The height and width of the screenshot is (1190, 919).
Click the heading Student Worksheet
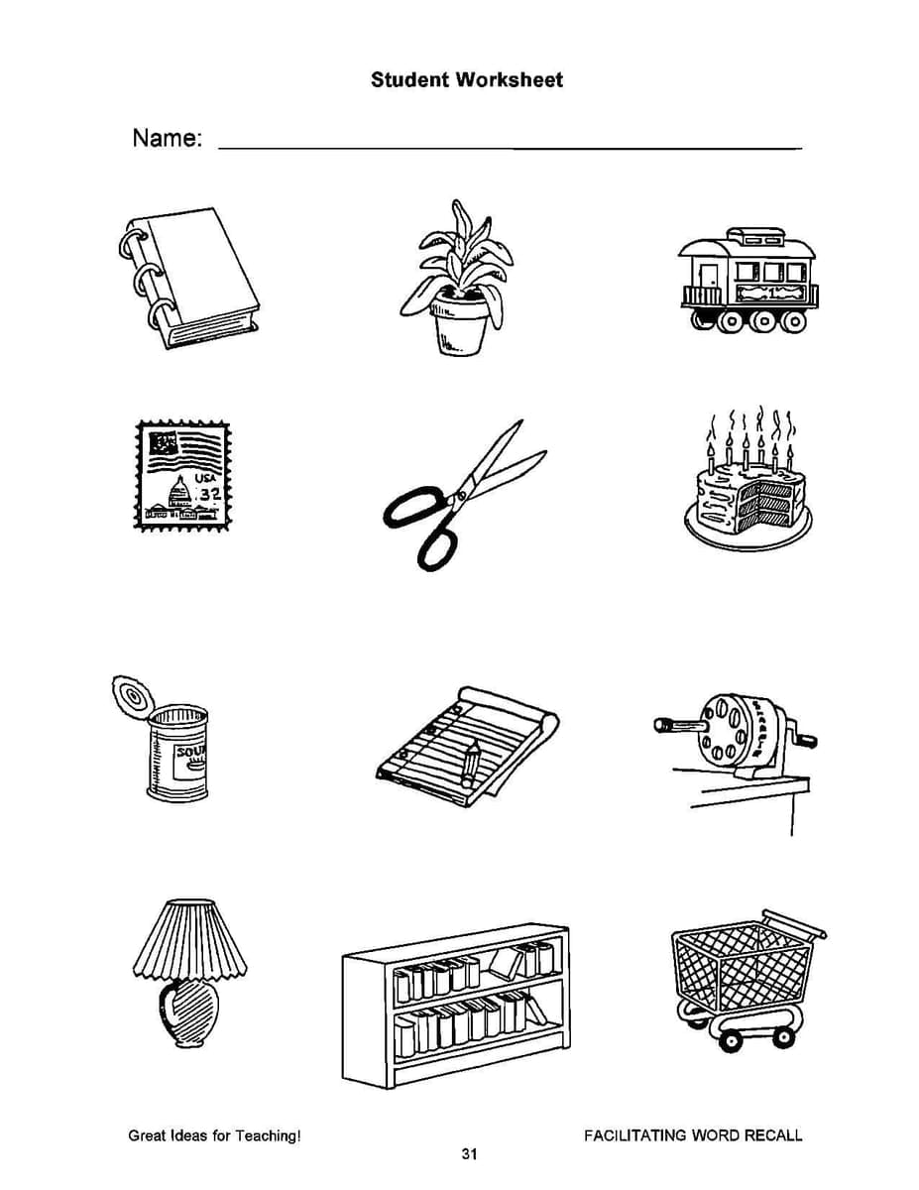[x=466, y=80]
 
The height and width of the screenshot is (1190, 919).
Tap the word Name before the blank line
[x=167, y=138]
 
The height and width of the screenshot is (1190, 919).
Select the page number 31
[x=470, y=1153]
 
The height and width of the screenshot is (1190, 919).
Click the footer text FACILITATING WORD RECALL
[x=693, y=1135]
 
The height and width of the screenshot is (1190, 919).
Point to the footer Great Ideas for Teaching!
[x=214, y=1135]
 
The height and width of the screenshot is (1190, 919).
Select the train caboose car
[x=748, y=281]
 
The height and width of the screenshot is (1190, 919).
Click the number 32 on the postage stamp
[x=208, y=494]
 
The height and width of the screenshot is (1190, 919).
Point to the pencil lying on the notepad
[x=470, y=762]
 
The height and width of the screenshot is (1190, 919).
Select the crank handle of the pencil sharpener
[x=803, y=739]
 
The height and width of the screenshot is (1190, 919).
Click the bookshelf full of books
[x=455, y=1004]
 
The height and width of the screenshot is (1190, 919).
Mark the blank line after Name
[x=509, y=148]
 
